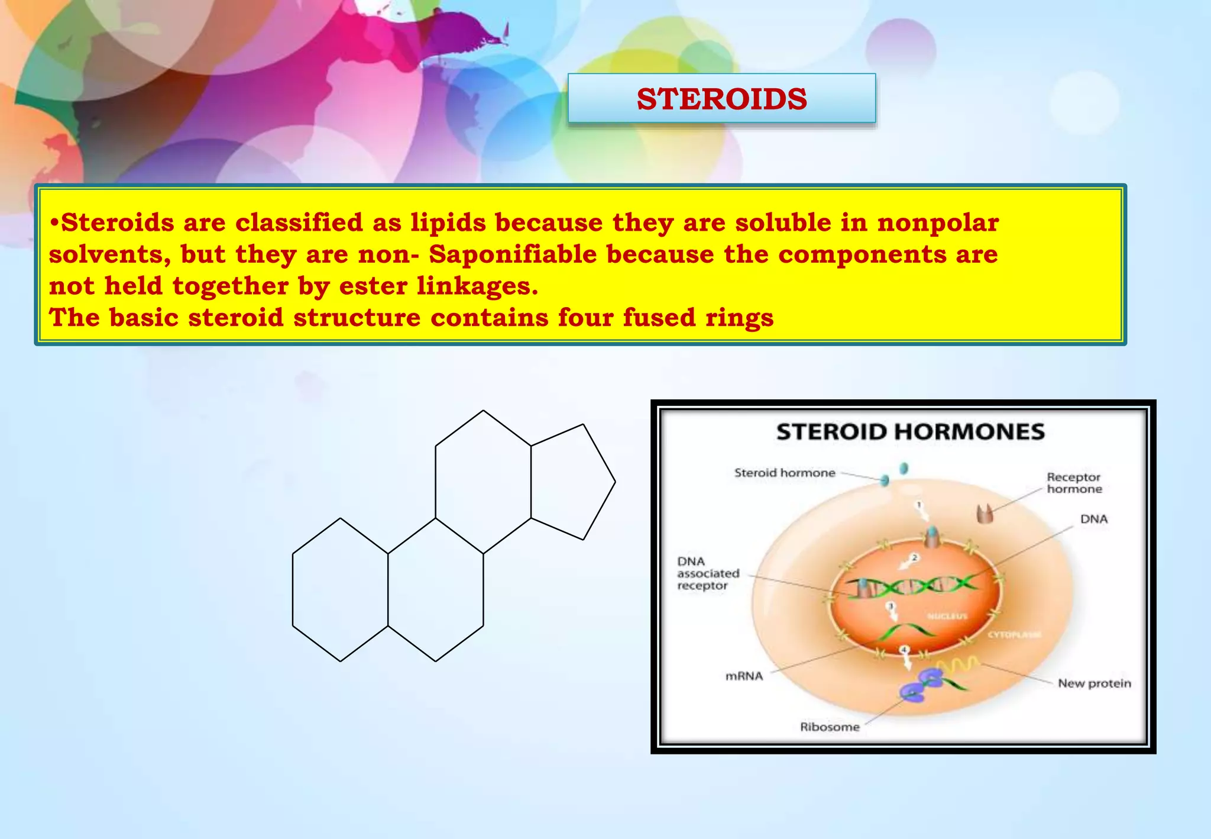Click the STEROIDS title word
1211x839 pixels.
pyautogui.click(x=721, y=99)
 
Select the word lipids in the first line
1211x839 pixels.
pyautogui.click(x=448, y=223)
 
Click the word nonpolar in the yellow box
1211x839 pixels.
pyautogui.click(x=938, y=223)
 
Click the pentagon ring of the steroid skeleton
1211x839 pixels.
pyautogui.click(x=569, y=482)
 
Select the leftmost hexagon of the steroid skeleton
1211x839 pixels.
pyautogui.click(x=340, y=590)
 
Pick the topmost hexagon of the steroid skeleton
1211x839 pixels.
pyautogui.click(x=483, y=482)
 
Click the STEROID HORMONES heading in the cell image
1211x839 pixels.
pyautogui.click(x=910, y=432)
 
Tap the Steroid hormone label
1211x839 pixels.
pyautogui.click(x=784, y=473)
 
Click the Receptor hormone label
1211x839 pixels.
pyautogui.click(x=1074, y=483)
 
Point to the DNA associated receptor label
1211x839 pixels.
pyautogui.click(x=707, y=573)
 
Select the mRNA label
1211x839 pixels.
pyautogui.click(x=744, y=676)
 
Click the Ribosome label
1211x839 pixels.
pyautogui.click(x=829, y=727)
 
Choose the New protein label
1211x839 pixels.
pyautogui.click(x=1094, y=683)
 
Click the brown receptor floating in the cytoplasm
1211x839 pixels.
pyautogui.click(x=985, y=514)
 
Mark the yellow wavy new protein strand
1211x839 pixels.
pyautogui.click(x=958, y=665)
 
